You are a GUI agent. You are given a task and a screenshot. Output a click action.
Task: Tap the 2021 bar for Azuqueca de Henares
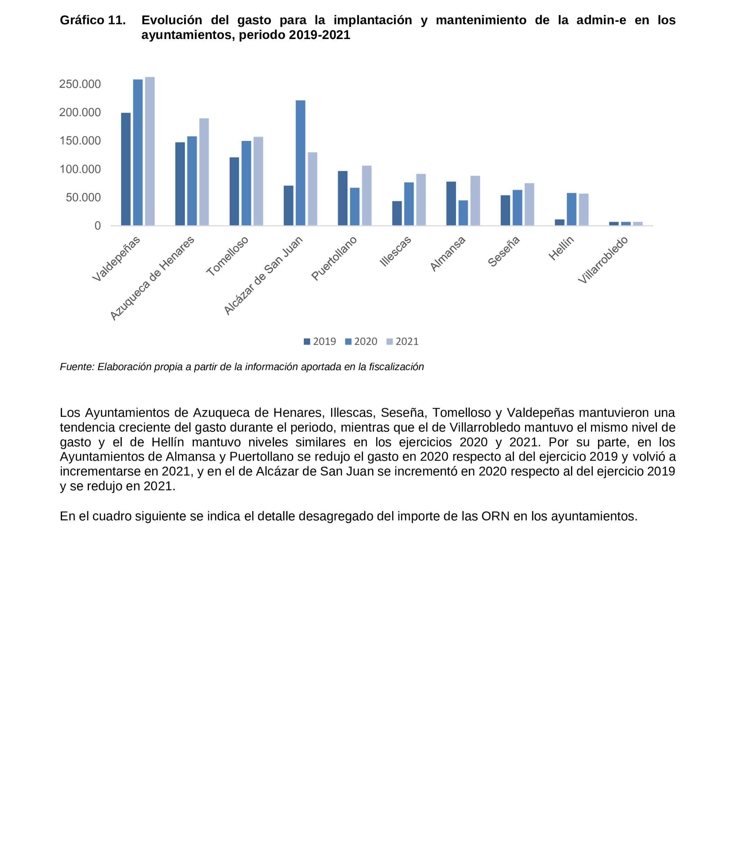[204, 172]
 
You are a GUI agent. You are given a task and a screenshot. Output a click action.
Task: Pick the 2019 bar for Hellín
[559, 222]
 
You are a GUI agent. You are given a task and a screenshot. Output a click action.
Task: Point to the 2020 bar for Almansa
[463, 213]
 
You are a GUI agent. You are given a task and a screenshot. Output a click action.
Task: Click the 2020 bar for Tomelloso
[246, 183]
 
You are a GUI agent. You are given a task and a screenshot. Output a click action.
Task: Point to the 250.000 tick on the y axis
[80, 84]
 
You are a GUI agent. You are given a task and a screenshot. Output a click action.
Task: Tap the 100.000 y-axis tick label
[80, 169]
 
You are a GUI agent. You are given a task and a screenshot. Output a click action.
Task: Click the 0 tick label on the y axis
[98, 226]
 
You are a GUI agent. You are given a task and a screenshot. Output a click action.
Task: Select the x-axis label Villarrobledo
[602, 260]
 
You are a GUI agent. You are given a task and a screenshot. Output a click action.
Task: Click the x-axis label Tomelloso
[227, 256]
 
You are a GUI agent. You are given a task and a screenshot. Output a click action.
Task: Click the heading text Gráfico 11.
[93, 20]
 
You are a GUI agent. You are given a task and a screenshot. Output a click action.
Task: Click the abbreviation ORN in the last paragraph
[495, 516]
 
